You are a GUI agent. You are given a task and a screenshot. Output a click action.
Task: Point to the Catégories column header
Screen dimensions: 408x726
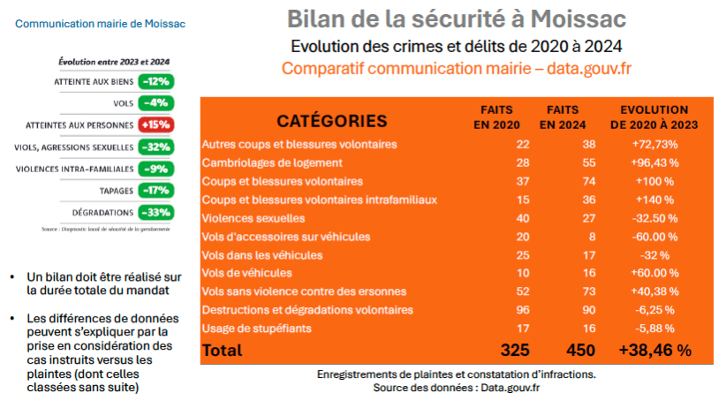coord(331,120)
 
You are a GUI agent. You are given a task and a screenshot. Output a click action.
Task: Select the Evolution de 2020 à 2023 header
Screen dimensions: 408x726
coord(654,117)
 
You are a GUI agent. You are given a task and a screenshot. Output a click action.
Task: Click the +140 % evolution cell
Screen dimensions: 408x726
coord(654,200)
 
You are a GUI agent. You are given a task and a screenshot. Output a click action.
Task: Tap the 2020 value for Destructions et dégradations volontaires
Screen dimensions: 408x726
coord(521,310)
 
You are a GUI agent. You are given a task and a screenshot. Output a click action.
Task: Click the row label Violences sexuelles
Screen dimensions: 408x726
coord(253,218)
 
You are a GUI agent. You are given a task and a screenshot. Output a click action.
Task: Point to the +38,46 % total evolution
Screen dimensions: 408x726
coord(654,351)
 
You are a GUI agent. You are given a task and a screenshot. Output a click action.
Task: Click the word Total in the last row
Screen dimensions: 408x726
coord(222,351)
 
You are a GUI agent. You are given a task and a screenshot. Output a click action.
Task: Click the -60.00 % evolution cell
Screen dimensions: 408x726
coord(654,237)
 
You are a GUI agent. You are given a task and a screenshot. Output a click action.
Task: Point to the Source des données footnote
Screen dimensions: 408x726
coord(456,388)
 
